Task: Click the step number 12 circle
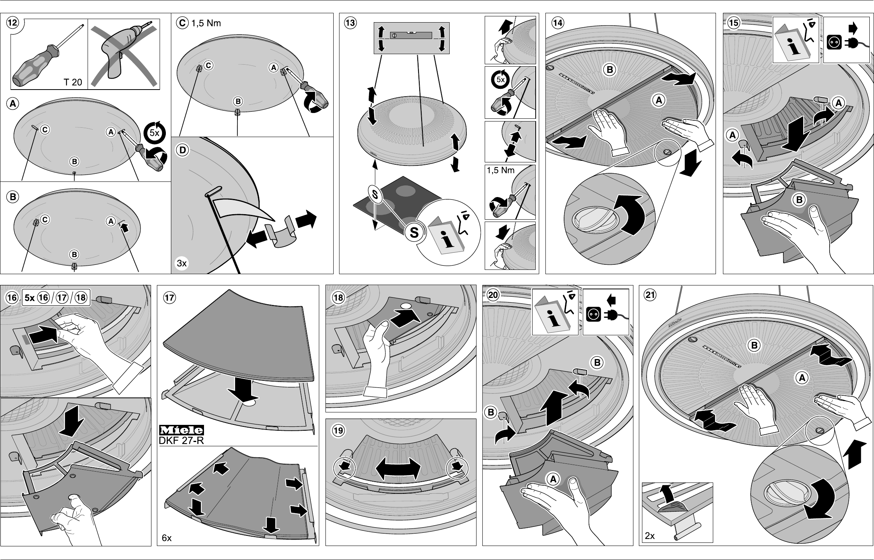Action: pos(12,23)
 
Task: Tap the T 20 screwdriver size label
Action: pos(73,82)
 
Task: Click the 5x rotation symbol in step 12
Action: pos(155,132)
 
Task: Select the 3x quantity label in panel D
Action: pos(182,263)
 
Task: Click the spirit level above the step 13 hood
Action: pos(412,38)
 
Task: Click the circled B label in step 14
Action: pos(610,70)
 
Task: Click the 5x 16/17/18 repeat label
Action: pos(56,298)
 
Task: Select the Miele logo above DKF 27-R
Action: pos(181,430)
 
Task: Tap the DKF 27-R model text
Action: pos(181,440)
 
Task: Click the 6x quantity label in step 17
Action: pos(167,538)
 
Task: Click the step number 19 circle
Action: pos(338,430)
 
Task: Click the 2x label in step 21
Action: pos(650,536)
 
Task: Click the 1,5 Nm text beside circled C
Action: pos(206,23)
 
